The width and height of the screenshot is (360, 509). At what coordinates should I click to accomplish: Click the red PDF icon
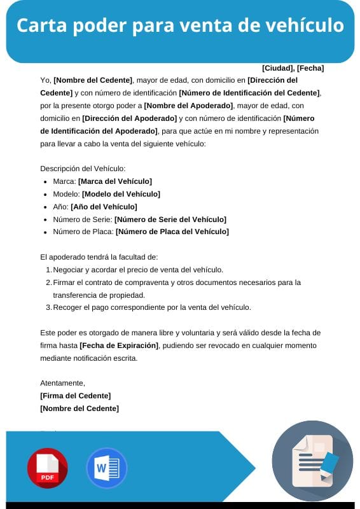click(x=47, y=468)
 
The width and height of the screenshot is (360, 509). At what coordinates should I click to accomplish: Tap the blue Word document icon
click(x=107, y=468)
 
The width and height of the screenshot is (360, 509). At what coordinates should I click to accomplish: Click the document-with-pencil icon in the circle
click(x=313, y=461)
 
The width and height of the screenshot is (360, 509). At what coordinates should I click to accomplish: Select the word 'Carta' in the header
click(x=39, y=26)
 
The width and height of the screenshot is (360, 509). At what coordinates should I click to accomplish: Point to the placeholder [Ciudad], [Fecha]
click(x=293, y=68)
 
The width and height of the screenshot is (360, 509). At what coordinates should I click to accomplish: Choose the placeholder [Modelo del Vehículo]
click(x=121, y=194)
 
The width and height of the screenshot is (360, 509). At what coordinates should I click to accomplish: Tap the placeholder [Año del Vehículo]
click(x=104, y=207)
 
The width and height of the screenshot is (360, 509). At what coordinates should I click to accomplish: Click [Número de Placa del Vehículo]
click(x=172, y=232)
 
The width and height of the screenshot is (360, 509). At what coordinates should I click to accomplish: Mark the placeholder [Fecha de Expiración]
click(x=119, y=345)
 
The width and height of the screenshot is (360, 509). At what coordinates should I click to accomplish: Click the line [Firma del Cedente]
click(x=75, y=396)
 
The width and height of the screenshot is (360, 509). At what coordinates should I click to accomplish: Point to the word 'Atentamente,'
click(x=62, y=383)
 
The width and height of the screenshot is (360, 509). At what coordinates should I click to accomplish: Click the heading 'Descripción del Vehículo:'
click(x=83, y=169)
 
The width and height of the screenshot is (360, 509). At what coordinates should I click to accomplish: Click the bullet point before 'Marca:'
click(x=45, y=182)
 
